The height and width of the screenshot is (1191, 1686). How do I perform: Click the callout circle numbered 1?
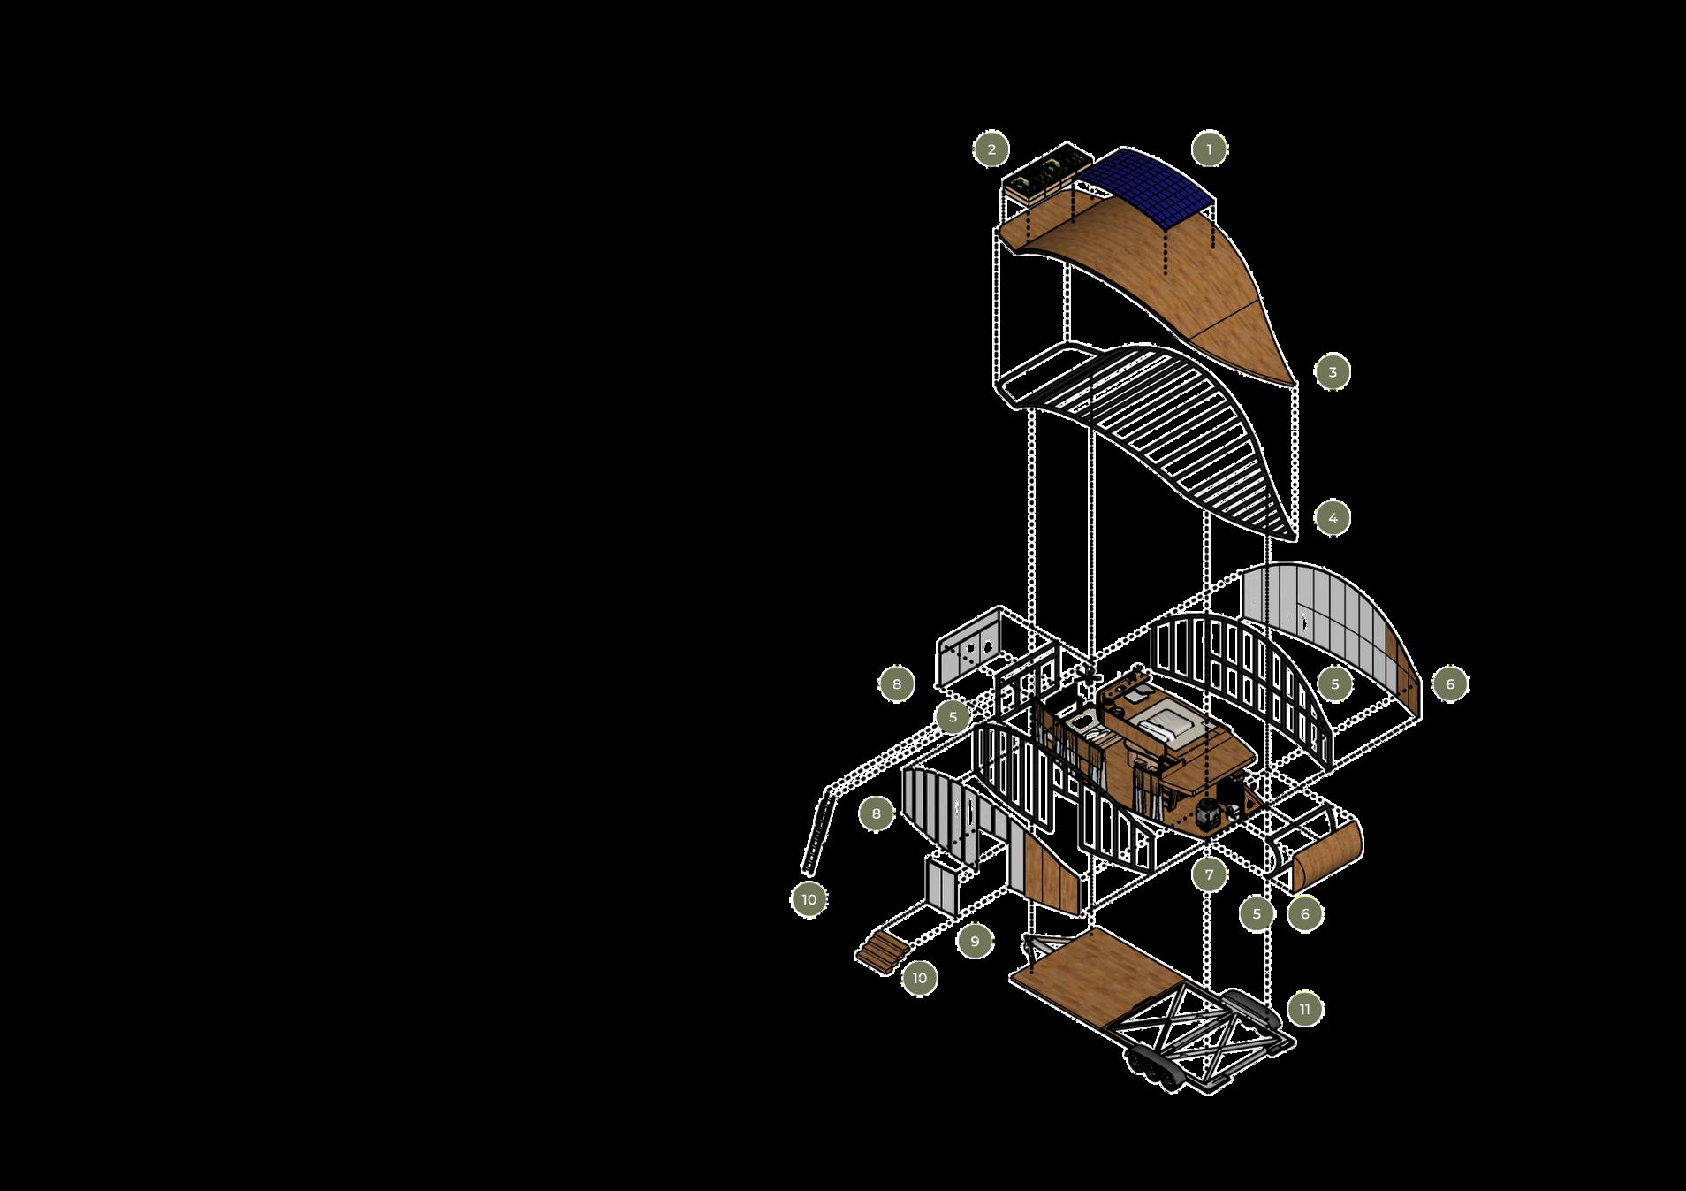[1209, 149]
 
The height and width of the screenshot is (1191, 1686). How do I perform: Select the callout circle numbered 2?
[991, 149]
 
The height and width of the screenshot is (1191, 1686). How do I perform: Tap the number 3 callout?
[1333, 372]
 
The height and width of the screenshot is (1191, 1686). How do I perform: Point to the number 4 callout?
[1333, 517]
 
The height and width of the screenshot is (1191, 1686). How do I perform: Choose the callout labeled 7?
[1209, 875]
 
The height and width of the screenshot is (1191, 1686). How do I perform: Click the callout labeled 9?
[975, 941]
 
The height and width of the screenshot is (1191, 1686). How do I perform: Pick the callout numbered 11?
[1305, 1009]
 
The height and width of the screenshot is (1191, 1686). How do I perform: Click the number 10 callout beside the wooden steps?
[919, 978]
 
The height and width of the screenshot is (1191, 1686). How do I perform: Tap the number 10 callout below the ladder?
[809, 900]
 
